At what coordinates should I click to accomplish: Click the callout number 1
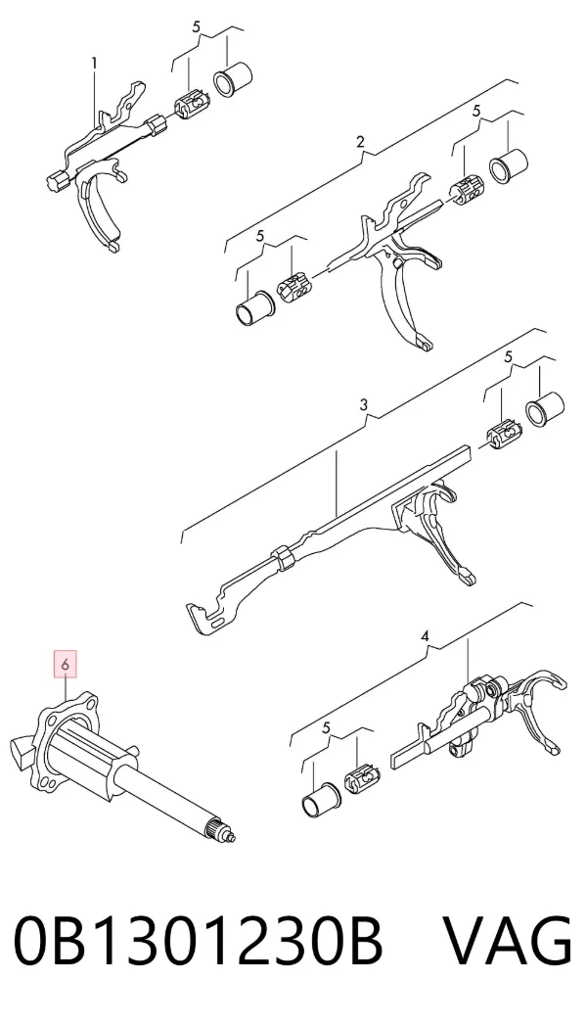click(95, 64)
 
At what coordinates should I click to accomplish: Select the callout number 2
click(360, 142)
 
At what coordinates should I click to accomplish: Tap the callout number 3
click(364, 405)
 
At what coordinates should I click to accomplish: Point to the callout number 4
click(425, 635)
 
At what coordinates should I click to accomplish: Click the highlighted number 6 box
click(66, 663)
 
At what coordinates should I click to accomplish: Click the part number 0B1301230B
click(198, 941)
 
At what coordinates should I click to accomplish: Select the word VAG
click(508, 941)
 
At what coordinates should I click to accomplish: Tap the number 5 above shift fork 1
click(197, 27)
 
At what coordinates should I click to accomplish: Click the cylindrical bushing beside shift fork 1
click(234, 80)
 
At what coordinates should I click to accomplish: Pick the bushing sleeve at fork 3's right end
click(545, 409)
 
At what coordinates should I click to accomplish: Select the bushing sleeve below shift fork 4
click(320, 796)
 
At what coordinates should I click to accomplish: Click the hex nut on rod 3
click(283, 556)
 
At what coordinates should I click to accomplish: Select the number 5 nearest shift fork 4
click(327, 727)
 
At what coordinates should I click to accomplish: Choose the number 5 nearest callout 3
click(508, 357)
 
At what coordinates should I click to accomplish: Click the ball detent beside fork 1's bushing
click(191, 105)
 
